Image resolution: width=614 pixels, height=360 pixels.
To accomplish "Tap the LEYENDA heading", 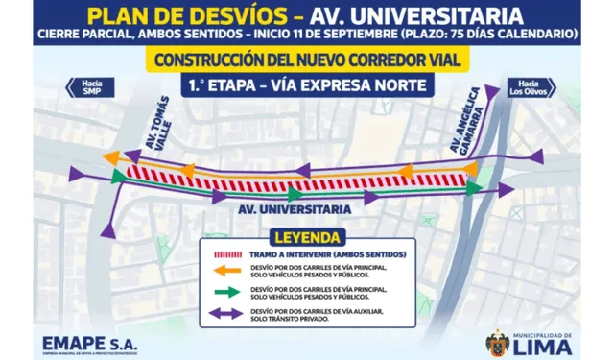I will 307,235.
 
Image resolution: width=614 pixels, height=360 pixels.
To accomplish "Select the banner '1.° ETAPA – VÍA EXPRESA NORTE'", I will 307,84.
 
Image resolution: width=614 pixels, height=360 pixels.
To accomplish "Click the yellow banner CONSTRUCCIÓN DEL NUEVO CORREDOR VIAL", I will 307,59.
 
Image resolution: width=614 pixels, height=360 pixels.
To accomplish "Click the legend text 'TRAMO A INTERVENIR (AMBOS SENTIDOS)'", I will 321,253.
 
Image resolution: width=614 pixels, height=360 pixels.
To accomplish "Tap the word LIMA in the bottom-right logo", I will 542,348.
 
